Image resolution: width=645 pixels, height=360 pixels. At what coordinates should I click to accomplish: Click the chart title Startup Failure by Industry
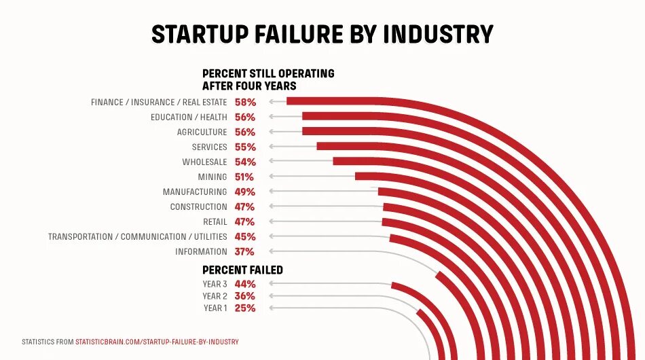(x=322, y=34)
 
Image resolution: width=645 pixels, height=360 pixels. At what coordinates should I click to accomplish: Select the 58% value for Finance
(x=245, y=103)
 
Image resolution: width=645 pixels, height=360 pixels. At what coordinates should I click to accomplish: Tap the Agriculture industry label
(x=202, y=132)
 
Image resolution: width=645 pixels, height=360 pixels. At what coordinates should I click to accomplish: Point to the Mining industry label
(x=212, y=177)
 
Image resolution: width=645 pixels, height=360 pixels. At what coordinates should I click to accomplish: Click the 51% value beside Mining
(x=245, y=177)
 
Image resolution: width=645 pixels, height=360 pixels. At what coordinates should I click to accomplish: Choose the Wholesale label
(x=204, y=162)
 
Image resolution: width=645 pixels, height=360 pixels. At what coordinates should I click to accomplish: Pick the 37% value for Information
(x=245, y=252)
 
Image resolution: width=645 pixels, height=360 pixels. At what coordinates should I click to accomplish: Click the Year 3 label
(x=215, y=284)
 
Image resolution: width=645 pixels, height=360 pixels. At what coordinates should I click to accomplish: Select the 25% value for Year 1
(x=245, y=308)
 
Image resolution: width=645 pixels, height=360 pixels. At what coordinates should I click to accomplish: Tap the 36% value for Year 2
(x=245, y=296)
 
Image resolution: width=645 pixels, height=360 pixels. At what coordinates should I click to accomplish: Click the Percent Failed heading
(x=242, y=270)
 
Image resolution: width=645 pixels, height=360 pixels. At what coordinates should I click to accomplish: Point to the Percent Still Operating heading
(x=268, y=79)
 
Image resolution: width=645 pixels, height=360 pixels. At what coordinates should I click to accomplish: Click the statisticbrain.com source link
(x=157, y=342)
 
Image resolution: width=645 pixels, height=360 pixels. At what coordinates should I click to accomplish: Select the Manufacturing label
(x=194, y=192)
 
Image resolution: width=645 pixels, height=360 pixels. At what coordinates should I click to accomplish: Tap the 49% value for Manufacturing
(x=245, y=192)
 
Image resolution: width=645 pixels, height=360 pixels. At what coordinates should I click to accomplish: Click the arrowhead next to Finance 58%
(x=271, y=102)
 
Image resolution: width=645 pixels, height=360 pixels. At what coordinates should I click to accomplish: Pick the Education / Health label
(x=189, y=118)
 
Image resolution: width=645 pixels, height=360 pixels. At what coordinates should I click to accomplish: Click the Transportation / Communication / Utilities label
(x=137, y=237)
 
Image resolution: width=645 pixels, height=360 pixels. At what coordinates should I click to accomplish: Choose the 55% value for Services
(x=245, y=147)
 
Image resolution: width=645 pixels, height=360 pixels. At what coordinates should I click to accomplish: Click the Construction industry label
(x=198, y=207)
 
